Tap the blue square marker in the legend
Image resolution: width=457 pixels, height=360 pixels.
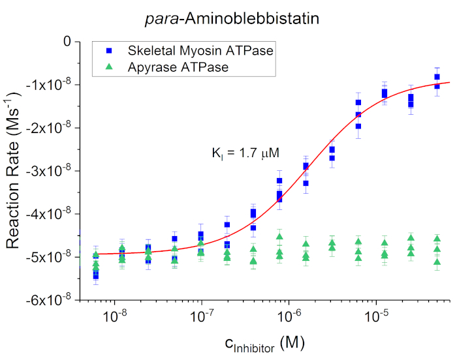(x=110, y=50)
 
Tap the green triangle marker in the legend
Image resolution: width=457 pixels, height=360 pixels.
(x=110, y=66)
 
